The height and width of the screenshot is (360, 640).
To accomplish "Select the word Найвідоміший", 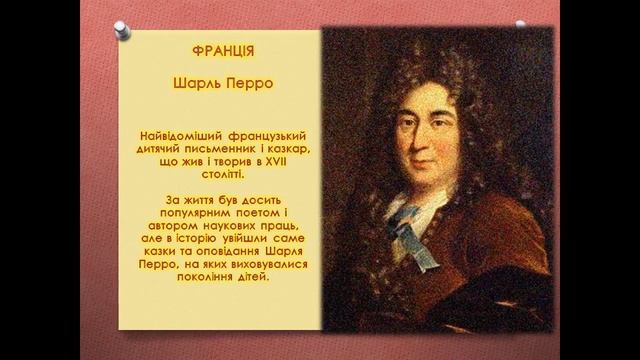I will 179,134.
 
